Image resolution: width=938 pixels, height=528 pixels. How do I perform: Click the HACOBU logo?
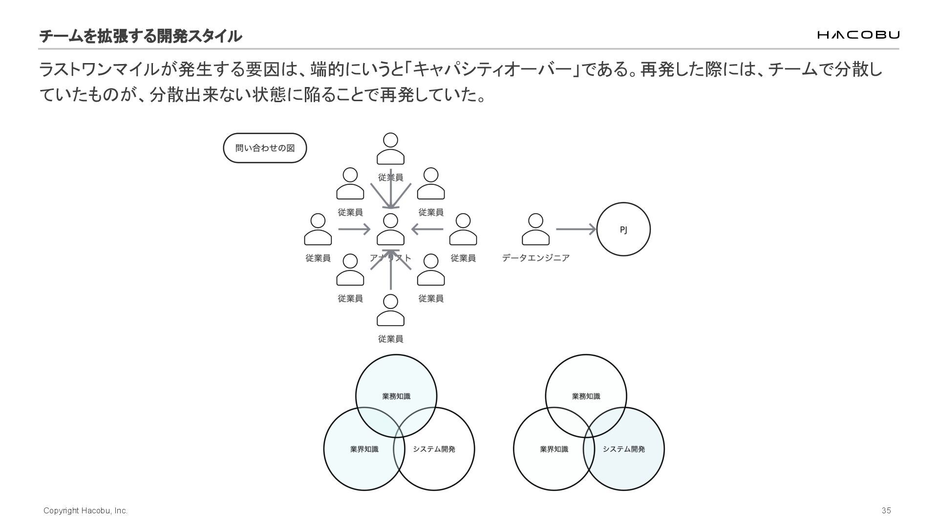(x=858, y=35)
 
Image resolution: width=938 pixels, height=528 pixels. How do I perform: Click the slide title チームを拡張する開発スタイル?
(x=140, y=36)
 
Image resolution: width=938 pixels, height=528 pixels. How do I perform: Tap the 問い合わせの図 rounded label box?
(x=265, y=148)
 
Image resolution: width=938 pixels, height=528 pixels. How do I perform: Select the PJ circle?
(x=623, y=229)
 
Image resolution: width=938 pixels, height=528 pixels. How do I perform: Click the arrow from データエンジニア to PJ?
(x=576, y=229)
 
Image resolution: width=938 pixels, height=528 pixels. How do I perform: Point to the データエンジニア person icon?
(x=535, y=229)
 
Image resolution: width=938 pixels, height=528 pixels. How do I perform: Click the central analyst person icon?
(x=390, y=229)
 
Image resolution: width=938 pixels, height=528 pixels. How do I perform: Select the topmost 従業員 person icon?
(x=390, y=149)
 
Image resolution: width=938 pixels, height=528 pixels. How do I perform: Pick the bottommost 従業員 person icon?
(x=390, y=310)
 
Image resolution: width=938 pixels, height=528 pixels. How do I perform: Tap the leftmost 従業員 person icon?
(x=318, y=229)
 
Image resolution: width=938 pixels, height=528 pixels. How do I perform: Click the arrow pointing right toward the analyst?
(x=354, y=229)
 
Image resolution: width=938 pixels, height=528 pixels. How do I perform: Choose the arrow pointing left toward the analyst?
(x=427, y=229)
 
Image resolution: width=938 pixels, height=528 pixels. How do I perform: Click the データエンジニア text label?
(x=535, y=258)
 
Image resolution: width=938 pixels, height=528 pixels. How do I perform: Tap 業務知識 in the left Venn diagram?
(x=396, y=396)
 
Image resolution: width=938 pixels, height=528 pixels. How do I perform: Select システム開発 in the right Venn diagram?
(x=624, y=449)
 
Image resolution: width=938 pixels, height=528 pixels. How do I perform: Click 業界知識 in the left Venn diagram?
(x=364, y=449)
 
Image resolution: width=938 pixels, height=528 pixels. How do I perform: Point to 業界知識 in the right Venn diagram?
(x=554, y=449)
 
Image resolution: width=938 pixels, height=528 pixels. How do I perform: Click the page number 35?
(x=886, y=510)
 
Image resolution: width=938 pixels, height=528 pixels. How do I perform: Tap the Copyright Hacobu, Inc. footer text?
(x=85, y=510)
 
